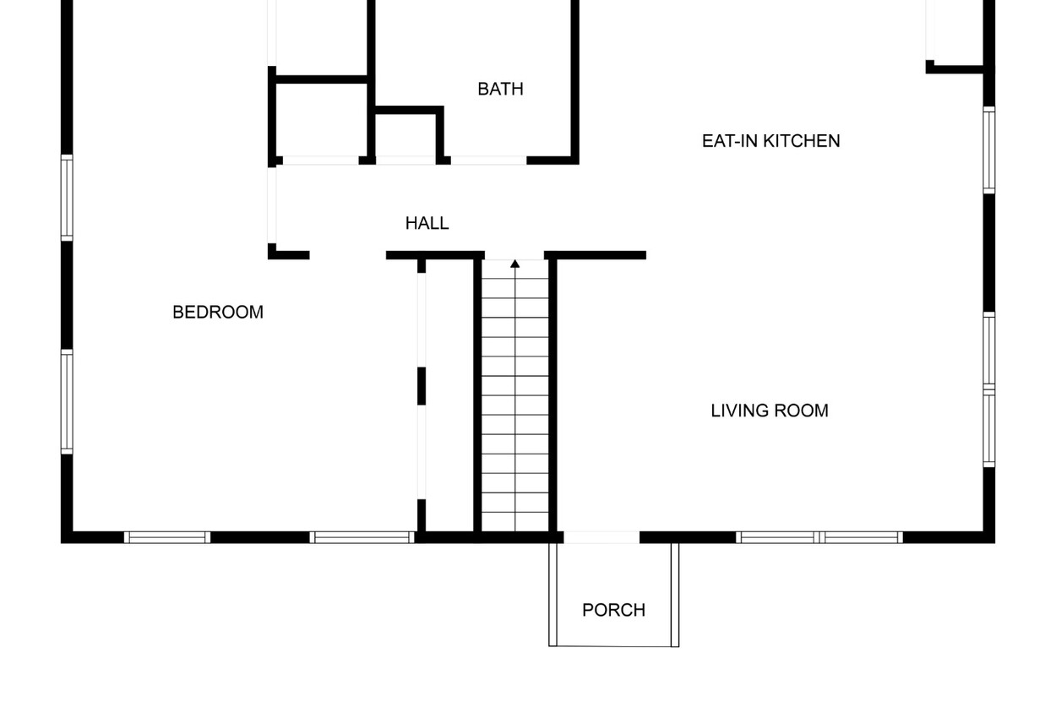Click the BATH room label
pyautogui.click(x=500, y=89)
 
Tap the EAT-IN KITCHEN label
pyautogui.click(x=770, y=141)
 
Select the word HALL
pyautogui.click(x=427, y=223)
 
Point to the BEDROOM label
pyautogui.click(x=218, y=312)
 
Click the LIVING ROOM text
pyautogui.click(x=770, y=411)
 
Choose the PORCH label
pyautogui.click(x=613, y=610)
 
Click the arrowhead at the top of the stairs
pyautogui.click(x=514, y=264)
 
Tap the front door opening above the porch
pyautogui.click(x=601, y=537)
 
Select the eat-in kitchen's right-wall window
pyautogui.click(x=989, y=150)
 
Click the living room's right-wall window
pyautogui.click(x=989, y=389)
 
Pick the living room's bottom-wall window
pyautogui.click(x=819, y=537)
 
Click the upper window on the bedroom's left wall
pyautogui.click(x=67, y=198)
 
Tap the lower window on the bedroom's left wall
pyautogui.click(x=67, y=401)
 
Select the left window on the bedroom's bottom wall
pyautogui.click(x=167, y=537)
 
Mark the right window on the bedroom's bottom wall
pyautogui.click(x=362, y=537)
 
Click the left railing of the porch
pyautogui.click(x=553, y=595)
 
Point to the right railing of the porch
pyautogui.click(x=675, y=595)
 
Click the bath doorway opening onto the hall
pyautogui.click(x=488, y=161)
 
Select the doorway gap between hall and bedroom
pyautogui.click(x=348, y=255)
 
